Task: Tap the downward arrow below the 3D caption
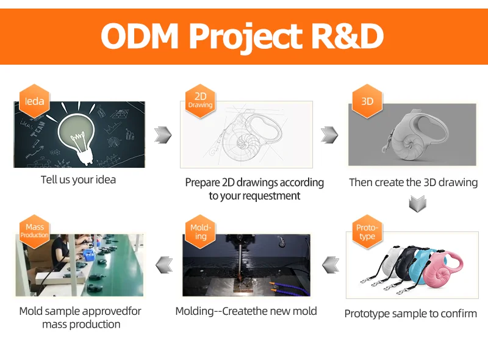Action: [x=417, y=204]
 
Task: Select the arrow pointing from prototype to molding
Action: [x=331, y=264]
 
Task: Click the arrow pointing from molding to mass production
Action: [x=164, y=264]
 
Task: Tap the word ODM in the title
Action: [x=140, y=36]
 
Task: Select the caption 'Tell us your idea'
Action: [x=78, y=180]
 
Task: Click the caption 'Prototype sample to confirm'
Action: [x=411, y=314]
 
